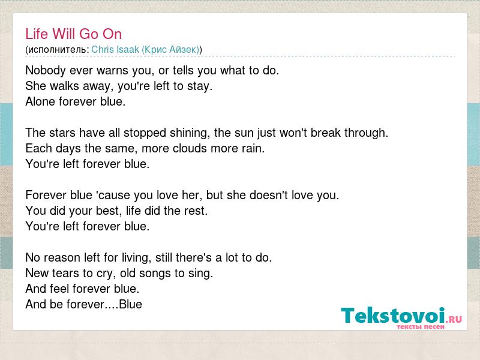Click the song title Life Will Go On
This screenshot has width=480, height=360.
tap(73, 34)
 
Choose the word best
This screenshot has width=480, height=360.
tap(108, 211)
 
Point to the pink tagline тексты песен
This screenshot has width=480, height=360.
tap(421, 326)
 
